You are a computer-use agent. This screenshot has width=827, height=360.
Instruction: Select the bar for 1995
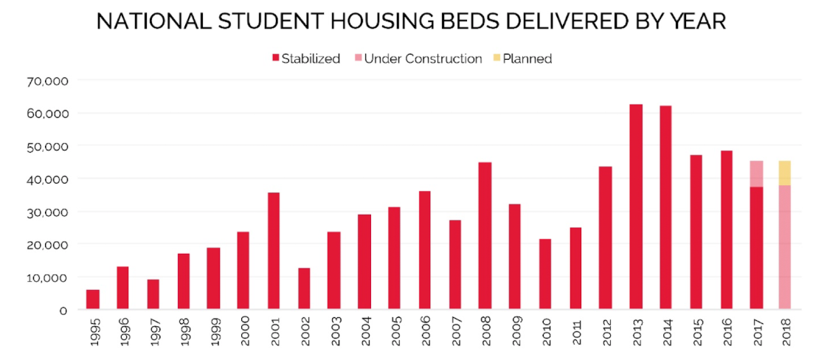point(92,300)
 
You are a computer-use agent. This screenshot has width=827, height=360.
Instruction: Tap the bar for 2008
point(485,235)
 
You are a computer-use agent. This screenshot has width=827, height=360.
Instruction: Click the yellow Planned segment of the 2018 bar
point(785,173)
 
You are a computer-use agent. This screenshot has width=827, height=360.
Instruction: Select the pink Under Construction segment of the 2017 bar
point(756,173)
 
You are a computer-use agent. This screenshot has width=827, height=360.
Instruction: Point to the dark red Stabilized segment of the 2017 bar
point(756,248)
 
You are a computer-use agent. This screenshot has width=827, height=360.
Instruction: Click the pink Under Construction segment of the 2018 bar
point(785,247)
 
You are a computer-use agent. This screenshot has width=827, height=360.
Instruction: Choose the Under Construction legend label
point(423,58)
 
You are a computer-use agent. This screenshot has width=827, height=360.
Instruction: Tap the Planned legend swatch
point(496,58)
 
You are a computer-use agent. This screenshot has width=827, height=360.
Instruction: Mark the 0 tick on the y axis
point(63,310)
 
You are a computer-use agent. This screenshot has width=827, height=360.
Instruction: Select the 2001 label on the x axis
point(274,329)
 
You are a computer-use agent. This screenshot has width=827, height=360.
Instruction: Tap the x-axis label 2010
point(545,329)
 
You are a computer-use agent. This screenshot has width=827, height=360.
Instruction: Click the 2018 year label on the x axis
point(785,329)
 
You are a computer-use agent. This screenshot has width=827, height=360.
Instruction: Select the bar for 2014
point(665,207)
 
